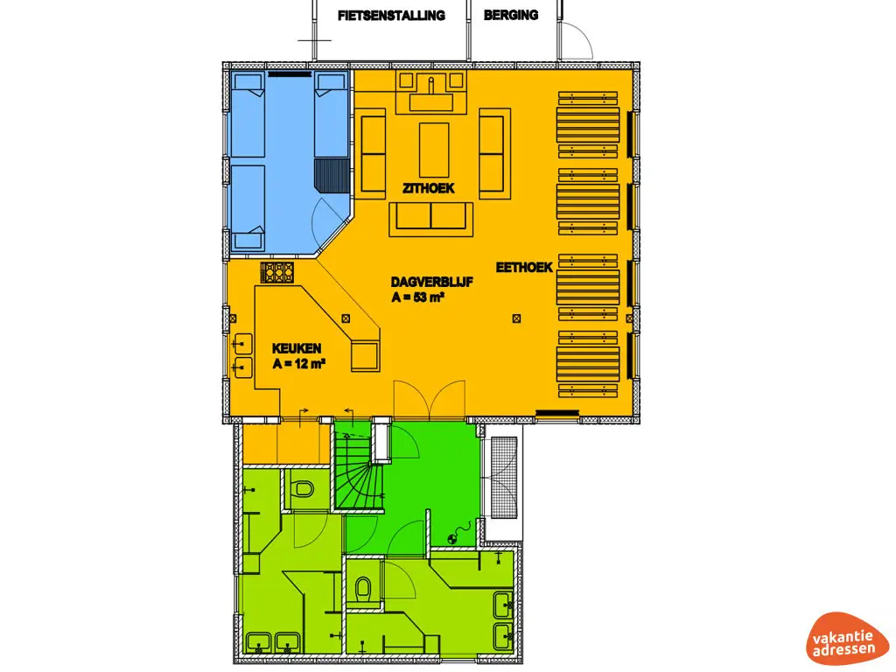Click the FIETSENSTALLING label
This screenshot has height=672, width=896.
point(391,15)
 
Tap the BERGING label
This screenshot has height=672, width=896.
point(511,15)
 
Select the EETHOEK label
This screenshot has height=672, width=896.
point(524,268)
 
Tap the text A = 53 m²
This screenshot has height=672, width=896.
point(418,297)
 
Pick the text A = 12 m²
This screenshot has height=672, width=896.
point(299,363)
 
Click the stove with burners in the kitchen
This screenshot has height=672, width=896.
point(276,272)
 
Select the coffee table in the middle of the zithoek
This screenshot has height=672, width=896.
point(434,150)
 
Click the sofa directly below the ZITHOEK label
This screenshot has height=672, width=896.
point(431,216)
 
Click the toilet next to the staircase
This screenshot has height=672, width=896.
point(304,488)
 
